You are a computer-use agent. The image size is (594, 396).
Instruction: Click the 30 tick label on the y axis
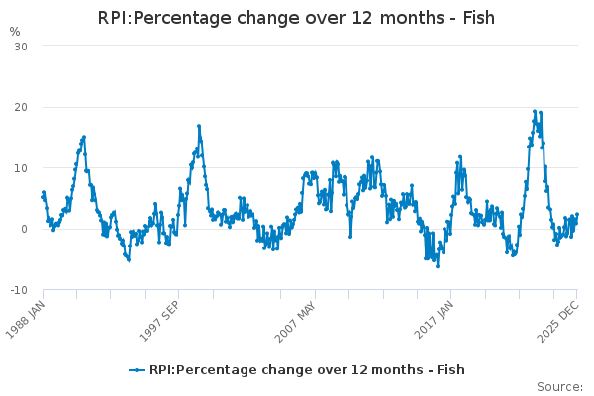point(20,47)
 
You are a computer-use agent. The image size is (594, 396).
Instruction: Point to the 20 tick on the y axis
point(20,107)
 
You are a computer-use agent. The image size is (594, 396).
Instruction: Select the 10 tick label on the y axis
point(20,168)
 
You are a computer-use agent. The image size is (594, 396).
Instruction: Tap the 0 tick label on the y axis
point(24,229)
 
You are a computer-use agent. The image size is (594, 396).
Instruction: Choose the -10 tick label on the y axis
point(18,290)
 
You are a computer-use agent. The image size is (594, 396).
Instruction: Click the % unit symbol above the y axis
point(14,31)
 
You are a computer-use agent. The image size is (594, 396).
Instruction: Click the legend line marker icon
point(138,370)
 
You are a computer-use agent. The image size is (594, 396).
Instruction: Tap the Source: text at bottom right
point(559,386)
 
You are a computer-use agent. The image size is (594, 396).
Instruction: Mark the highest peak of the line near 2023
point(535,112)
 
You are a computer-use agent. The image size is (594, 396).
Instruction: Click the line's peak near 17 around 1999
point(199,126)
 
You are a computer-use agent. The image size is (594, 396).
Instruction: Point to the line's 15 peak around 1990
point(84,137)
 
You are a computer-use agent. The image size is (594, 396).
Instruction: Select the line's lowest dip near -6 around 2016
point(438,265)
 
